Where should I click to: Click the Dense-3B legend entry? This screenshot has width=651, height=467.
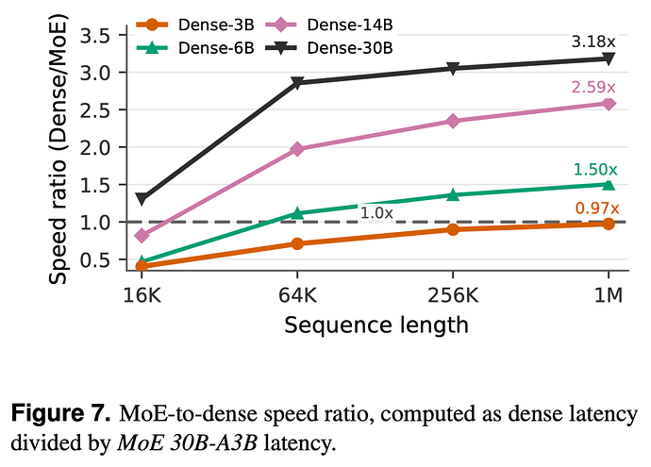tap(195, 25)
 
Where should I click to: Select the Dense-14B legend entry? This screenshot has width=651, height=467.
tap(328, 25)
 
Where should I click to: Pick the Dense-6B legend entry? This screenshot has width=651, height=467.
tap(195, 48)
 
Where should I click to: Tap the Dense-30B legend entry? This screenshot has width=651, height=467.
tap(328, 48)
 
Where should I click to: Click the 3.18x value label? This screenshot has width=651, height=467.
tap(593, 42)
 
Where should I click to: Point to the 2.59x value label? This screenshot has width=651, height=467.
tap(593, 87)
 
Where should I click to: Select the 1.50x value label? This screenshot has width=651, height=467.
tap(595, 170)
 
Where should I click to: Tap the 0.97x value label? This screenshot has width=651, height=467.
tap(597, 208)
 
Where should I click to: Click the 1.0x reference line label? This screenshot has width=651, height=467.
tap(376, 213)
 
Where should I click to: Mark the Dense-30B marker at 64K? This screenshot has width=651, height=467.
tap(297, 82)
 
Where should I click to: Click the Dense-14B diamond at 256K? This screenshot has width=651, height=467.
tap(453, 121)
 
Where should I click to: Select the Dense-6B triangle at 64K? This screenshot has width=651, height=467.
tap(297, 213)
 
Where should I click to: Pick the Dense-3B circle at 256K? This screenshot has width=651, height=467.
tap(453, 229)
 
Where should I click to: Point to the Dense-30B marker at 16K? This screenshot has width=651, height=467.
tap(142, 199)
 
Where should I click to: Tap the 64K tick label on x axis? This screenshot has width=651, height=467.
tap(297, 295)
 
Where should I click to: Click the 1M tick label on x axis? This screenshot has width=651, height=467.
tap(609, 295)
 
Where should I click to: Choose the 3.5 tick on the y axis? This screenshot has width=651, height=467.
tap(94, 36)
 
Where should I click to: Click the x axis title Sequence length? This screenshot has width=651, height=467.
tap(376, 325)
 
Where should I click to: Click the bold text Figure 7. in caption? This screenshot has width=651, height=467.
tap(60, 413)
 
